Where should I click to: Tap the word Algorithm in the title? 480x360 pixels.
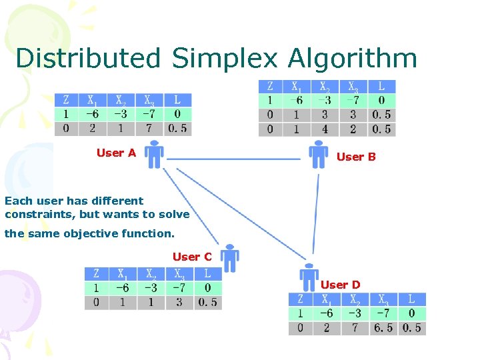(x=353, y=59)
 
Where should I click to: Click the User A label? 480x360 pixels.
(x=116, y=153)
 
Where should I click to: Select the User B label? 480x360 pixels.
(x=356, y=157)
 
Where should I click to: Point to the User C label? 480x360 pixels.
(x=192, y=257)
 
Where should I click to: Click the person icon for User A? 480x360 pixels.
(x=154, y=155)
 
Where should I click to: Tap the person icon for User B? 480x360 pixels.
(x=319, y=155)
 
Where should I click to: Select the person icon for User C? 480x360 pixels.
(x=230, y=258)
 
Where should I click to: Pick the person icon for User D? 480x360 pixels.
(x=309, y=276)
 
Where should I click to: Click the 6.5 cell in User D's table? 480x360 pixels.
(x=383, y=328)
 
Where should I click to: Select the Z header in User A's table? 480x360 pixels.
(x=65, y=100)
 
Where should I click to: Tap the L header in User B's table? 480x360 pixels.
(x=381, y=87)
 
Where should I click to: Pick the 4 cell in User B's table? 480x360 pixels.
(x=325, y=129)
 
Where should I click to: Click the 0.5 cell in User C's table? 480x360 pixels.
(x=208, y=302)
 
